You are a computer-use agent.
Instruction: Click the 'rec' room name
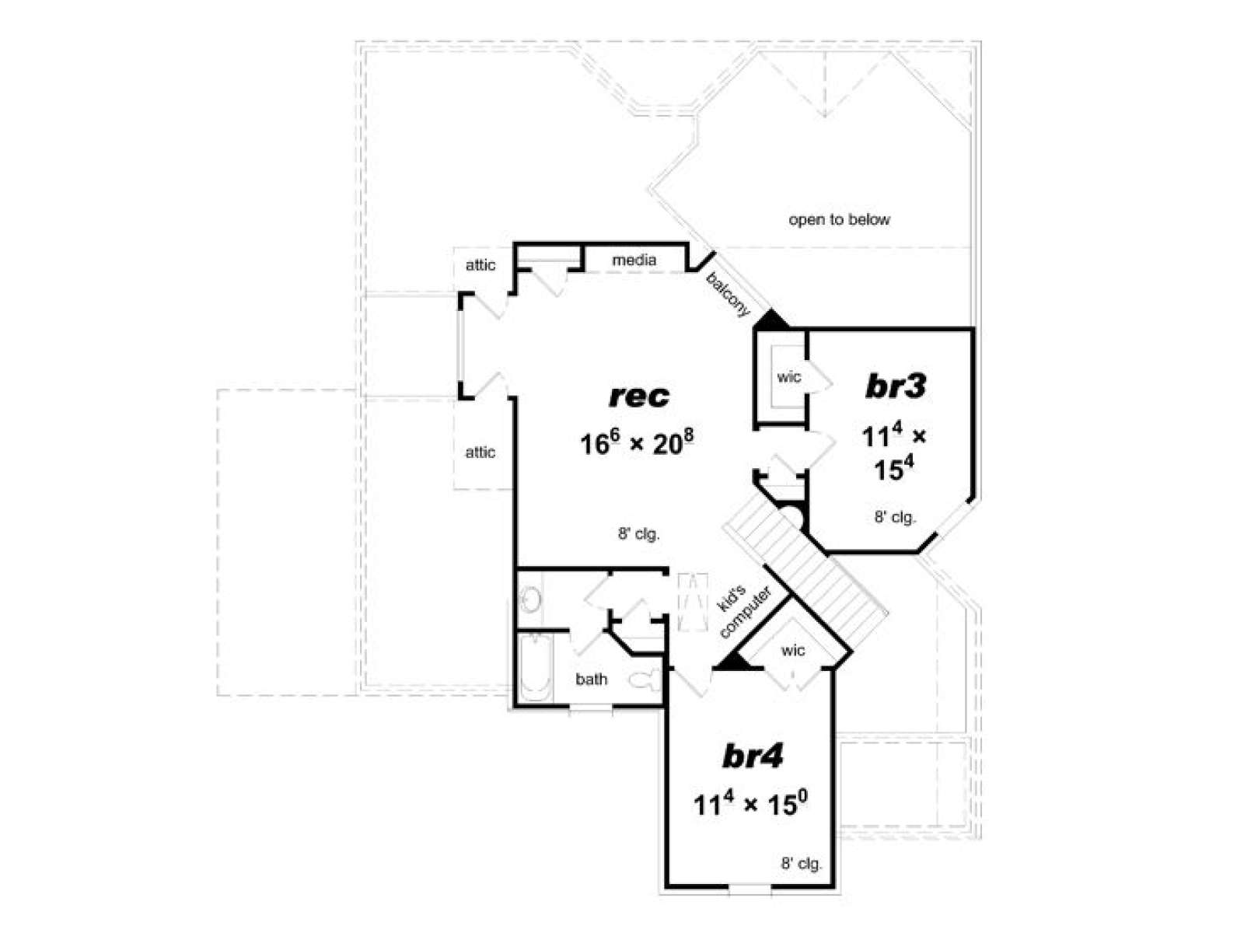point(638,397)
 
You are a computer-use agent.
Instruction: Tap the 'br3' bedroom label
point(895,387)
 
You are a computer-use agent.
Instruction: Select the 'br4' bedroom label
point(753,757)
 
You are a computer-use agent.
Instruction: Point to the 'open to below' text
point(839,220)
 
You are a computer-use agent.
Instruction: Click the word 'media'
point(634,260)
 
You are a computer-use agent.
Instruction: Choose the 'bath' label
point(591,679)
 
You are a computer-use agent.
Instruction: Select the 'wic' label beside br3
point(789,377)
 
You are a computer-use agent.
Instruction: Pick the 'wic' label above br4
point(793,651)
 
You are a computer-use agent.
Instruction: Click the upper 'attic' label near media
point(480,265)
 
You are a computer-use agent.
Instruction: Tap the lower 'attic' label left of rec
point(480,453)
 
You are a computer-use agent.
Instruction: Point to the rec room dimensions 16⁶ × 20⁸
point(637,442)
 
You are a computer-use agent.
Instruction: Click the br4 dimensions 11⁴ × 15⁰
point(750,804)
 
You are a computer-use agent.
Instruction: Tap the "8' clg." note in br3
point(895,516)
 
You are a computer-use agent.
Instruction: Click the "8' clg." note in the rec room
point(639,533)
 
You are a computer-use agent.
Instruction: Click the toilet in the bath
point(645,680)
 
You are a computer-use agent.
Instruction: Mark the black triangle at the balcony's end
point(771,320)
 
